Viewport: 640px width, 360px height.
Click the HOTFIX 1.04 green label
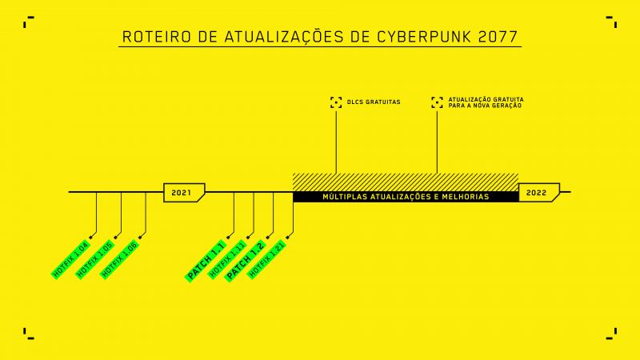click(x=70, y=259)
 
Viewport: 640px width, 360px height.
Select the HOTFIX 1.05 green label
click(x=94, y=259)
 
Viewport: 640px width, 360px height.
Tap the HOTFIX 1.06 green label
click(x=119, y=259)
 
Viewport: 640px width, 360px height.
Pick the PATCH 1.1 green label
click(x=206, y=261)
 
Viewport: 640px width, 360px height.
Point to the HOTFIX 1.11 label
click(x=227, y=259)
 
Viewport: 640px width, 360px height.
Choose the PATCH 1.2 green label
click(x=246, y=261)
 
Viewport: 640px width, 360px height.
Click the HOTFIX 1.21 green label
click(x=267, y=259)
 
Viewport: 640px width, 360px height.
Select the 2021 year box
click(x=184, y=193)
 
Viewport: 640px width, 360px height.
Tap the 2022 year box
click(x=539, y=193)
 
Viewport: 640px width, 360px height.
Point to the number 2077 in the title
click(x=498, y=37)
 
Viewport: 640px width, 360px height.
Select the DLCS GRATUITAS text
click(x=374, y=102)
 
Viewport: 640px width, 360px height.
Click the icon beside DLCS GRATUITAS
click(x=336, y=102)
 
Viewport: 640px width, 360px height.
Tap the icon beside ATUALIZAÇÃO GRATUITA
click(x=437, y=102)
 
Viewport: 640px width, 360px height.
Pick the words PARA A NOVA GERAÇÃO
click(x=485, y=106)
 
